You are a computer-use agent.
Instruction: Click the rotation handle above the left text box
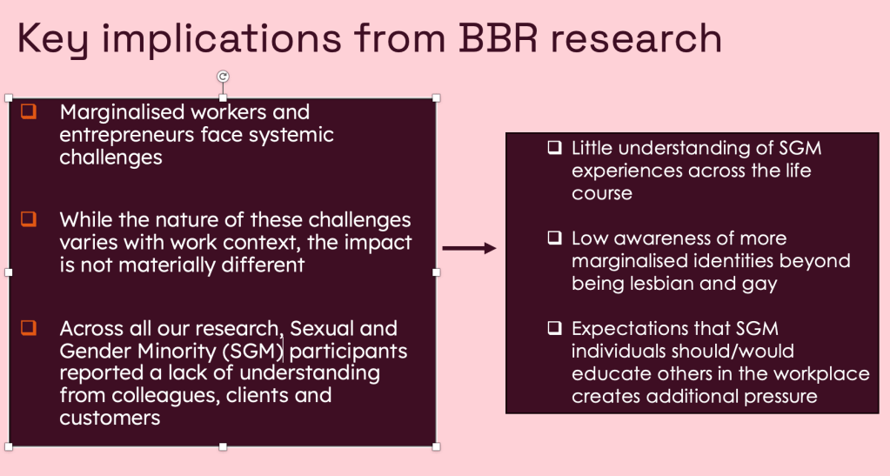click(223, 77)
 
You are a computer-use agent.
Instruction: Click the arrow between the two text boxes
click(469, 248)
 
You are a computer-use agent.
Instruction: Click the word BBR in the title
click(498, 37)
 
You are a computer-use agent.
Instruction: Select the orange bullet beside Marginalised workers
click(29, 111)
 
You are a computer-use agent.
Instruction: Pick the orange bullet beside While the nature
click(29, 218)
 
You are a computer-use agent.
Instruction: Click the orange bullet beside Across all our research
click(29, 328)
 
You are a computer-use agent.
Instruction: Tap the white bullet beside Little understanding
click(554, 148)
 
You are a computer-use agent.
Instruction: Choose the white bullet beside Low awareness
click(554, 238)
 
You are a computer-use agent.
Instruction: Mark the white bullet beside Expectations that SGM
click(554, 328)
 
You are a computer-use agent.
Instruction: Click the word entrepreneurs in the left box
click(127, 135)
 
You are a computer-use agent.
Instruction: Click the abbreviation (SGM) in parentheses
click(252, 351)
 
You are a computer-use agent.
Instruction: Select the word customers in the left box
click(110, 418)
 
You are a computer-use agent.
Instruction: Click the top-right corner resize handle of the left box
click(436, 98)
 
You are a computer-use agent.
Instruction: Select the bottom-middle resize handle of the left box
click(223, 446)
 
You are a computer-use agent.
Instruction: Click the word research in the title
click(636, 38)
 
